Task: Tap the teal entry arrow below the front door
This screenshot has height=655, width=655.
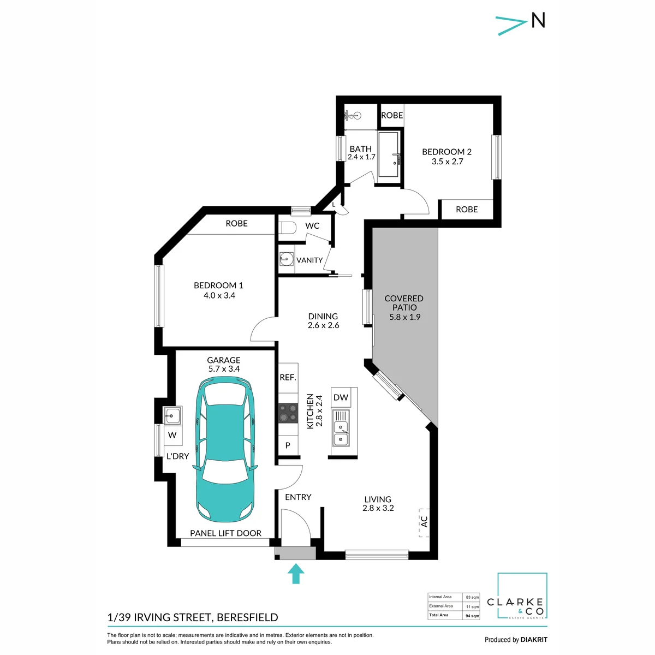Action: click(296, 574)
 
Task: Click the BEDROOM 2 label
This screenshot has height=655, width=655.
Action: click(446, 152)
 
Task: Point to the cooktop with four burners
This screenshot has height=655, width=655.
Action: click(288, 413)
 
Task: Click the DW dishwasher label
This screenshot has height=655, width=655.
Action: click(341, 397)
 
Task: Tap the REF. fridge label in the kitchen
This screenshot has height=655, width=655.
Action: click(288, 377)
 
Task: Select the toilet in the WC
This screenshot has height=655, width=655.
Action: click(287, 228)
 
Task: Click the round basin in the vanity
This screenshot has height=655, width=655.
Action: click(286, 259)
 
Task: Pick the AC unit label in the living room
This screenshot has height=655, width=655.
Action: click(424, 521)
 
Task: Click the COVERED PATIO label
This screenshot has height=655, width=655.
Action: click(404, 303)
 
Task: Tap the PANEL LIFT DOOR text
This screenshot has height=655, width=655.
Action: click(225, 533)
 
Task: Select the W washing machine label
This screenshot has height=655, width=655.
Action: click(172, 434)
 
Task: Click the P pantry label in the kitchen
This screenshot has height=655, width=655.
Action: click(288, 445)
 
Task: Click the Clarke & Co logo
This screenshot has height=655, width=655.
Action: click(522, 600)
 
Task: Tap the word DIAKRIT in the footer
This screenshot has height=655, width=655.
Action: click(534, 640)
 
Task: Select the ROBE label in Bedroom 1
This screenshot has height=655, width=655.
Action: click(236, 223)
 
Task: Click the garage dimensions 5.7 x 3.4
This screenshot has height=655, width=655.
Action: click(224, 369)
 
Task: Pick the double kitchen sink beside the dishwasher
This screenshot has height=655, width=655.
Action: click(341, 433)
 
